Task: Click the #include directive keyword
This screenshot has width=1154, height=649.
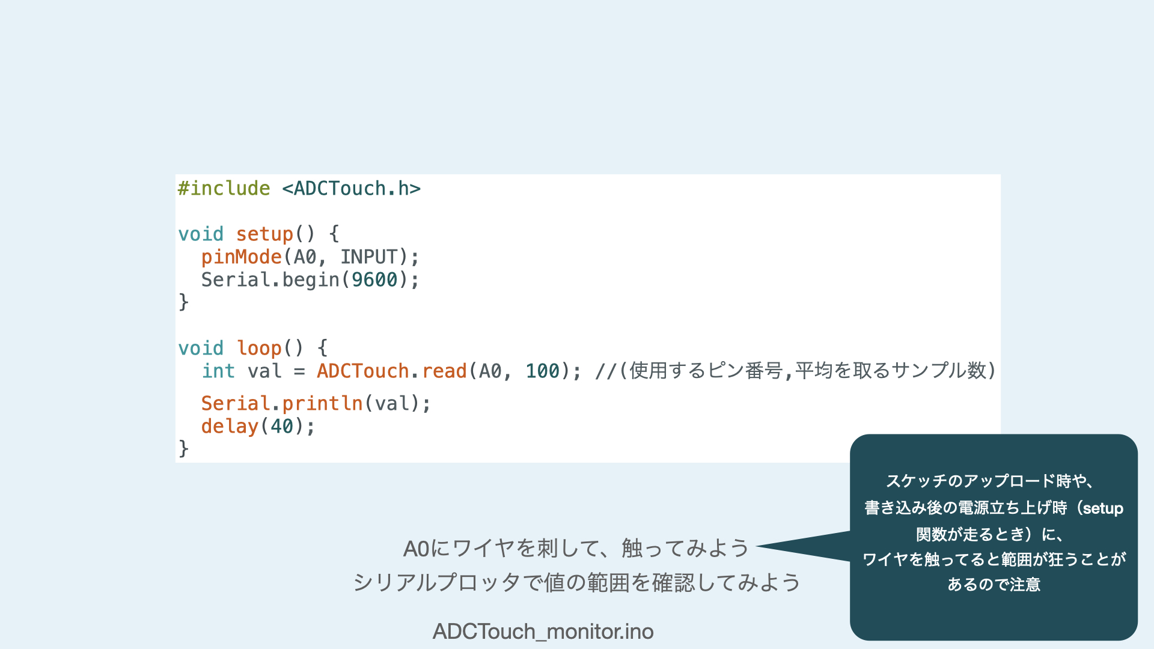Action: [224, 189]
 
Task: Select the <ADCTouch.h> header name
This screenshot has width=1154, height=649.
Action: [352, 189]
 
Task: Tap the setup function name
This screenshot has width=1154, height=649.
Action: [264, 234]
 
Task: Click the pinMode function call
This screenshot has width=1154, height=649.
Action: [242, 257]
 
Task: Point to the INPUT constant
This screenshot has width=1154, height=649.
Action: [369, 257]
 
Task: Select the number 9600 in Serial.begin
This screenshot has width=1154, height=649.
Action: [374, 280]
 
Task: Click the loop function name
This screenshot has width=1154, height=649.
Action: [259, 349]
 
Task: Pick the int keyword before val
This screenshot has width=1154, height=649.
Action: [218, 371]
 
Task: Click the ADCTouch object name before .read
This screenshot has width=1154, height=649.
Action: [363, 371]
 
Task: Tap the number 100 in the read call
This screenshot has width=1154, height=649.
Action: [543, 371]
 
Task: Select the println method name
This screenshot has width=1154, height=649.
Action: [323, 404]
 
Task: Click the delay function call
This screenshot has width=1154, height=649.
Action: [230, 427]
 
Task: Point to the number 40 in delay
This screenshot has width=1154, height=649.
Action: [282, 427]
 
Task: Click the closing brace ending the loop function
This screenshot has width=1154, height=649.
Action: [183, 449]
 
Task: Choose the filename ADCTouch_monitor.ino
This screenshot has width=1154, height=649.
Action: [543, 632]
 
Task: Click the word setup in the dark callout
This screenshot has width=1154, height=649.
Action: [1103, 508]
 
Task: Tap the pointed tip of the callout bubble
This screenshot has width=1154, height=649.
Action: [757, 546]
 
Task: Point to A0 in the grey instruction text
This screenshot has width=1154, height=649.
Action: [417, 549]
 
